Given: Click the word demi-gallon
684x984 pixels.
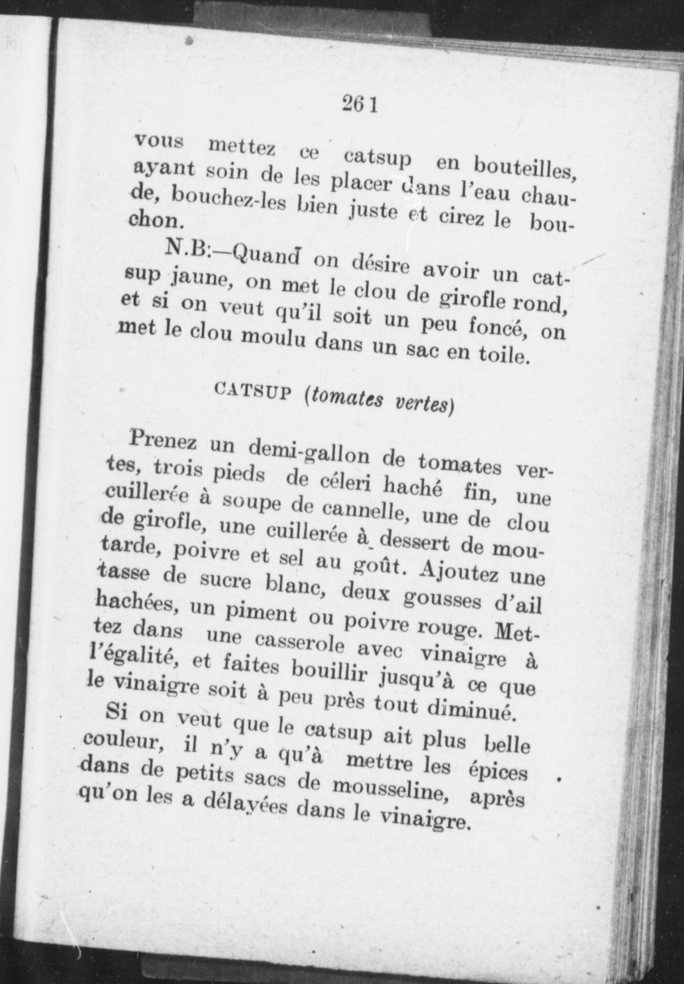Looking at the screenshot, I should pyautogui.click(x=310, y=452).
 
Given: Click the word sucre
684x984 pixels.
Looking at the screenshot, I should pyautogui.click(x=218, y=581).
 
